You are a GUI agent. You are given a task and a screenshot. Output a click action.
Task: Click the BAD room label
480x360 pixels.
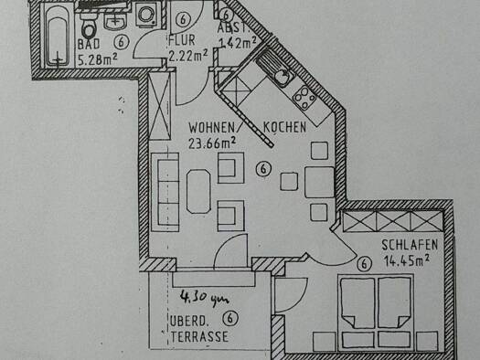click(89, 43)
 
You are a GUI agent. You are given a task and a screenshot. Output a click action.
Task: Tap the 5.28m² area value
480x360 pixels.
click(98, 60)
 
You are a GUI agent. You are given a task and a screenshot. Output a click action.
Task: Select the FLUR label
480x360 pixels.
click(180, 41)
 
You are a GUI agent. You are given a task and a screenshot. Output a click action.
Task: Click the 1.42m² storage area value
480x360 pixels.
click(236, 42)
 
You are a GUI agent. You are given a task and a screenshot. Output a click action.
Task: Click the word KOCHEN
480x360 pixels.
click(284, 127)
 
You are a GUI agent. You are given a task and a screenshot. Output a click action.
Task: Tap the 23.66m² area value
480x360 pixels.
click(212, 143)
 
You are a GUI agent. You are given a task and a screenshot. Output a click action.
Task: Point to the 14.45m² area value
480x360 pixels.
click(408, 260)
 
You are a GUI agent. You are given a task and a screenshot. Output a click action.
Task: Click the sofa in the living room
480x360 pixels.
click(166, 180)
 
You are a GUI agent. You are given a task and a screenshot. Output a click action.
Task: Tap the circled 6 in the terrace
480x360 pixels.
click(229, 318)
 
